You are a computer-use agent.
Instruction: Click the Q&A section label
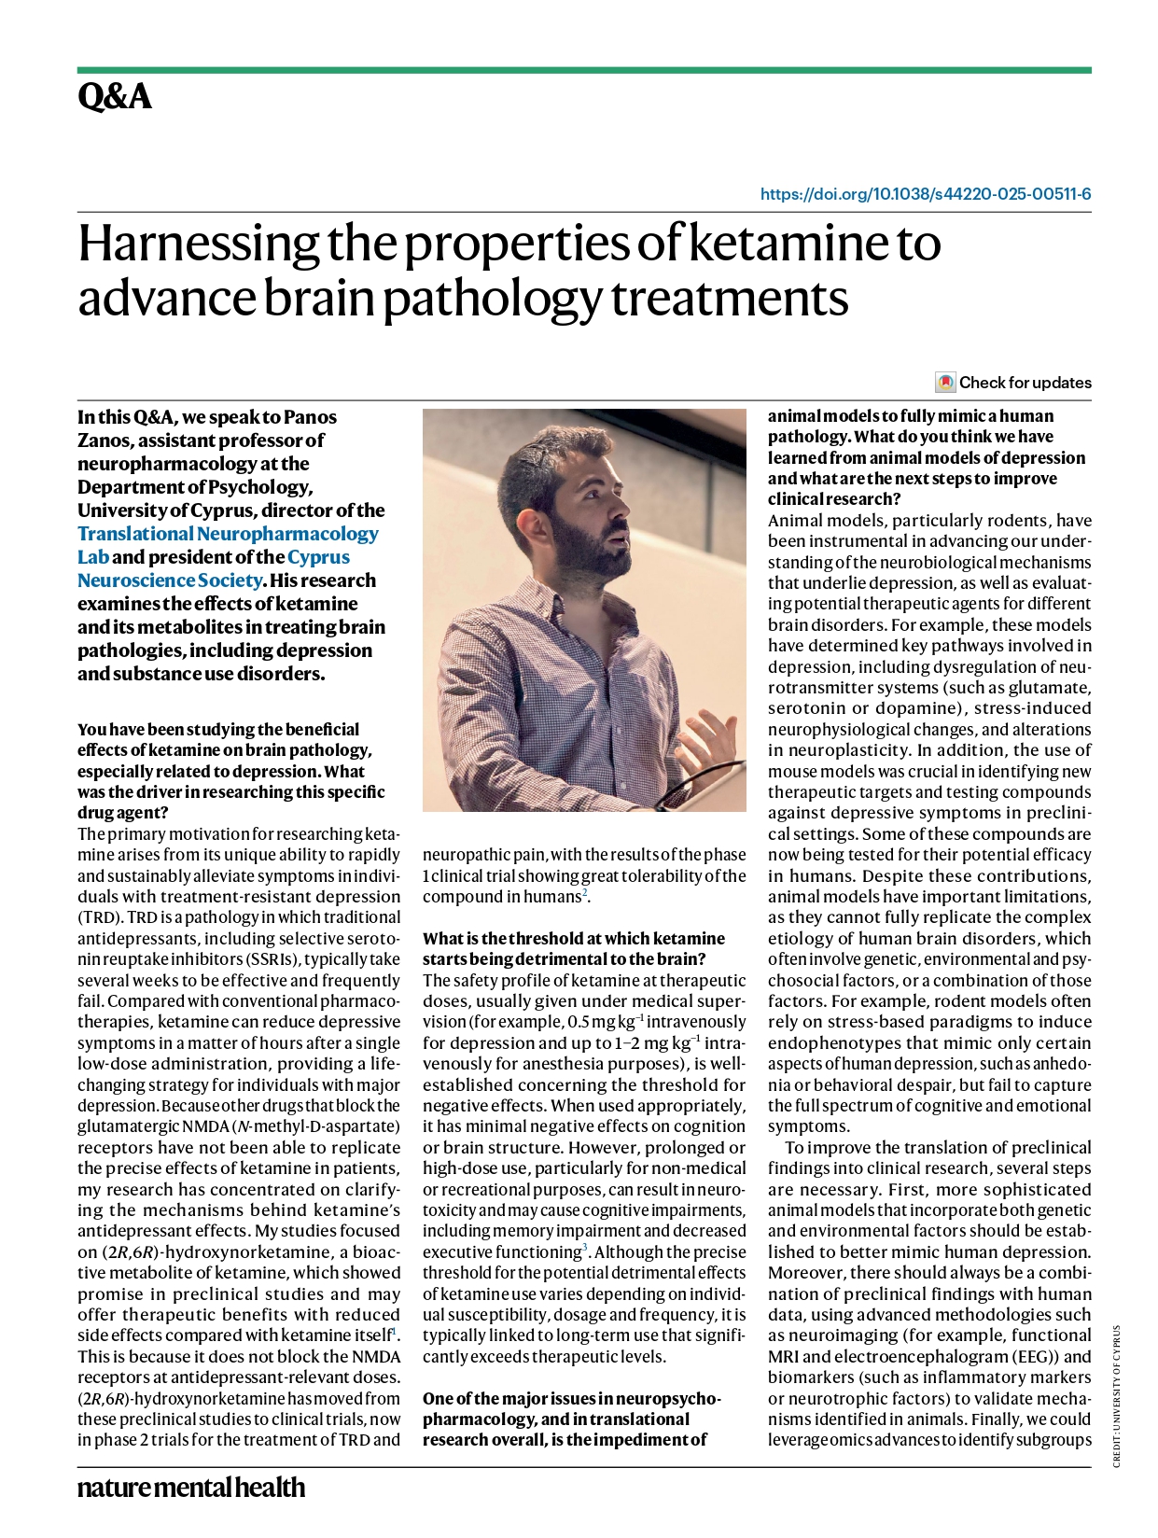[x=115, y=97]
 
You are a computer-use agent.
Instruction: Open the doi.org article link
[x=926, y=194]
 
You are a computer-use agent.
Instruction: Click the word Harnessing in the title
[x=198, y=244]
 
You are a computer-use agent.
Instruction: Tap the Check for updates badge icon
[x=945, y=383]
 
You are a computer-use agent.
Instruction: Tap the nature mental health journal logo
[x=191, y=1487]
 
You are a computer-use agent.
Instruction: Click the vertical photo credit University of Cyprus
[x=1117, y=1394]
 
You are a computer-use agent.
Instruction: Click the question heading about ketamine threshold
[x=573, y=948]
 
